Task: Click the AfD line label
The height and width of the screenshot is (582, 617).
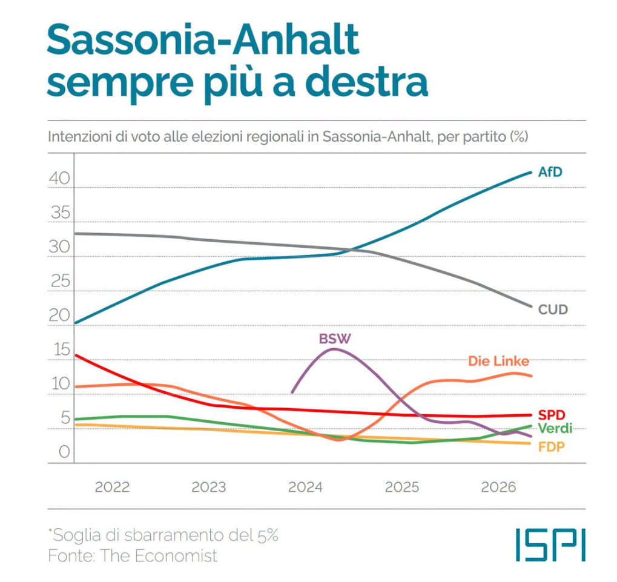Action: pos(550,172)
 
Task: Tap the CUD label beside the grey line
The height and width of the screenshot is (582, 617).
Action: pos(553,309)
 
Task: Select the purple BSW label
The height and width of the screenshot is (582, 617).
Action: pos(334,339)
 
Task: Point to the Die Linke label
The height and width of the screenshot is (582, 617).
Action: pos(498,361)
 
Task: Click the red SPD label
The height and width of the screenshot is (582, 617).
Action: pos(551,414)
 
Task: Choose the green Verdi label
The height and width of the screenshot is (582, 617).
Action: pos(555,428)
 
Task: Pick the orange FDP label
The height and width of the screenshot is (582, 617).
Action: pos(551,446)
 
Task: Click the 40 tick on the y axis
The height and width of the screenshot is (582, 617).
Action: pos(59,178)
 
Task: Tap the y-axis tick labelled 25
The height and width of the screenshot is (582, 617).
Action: pos(60,281)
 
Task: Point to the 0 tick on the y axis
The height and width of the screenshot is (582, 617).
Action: pos(65,452)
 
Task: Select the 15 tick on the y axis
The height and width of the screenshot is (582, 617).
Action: pos(62,349)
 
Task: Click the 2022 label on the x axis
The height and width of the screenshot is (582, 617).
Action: pos(112,487)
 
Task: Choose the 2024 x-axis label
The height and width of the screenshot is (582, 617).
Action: pos(305,487)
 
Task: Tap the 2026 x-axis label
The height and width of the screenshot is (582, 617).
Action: pos(498,487)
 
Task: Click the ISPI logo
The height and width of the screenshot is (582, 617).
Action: pos(550,545)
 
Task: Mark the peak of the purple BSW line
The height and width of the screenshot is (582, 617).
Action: pos(334,349)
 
